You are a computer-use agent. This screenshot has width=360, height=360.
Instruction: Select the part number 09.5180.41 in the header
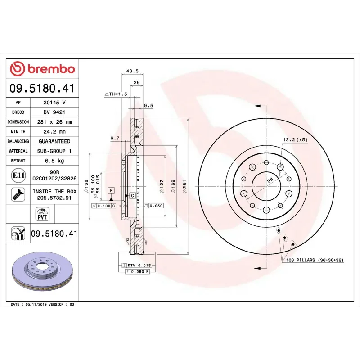[42, 89]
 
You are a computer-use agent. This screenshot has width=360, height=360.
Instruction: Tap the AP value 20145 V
[54, 103]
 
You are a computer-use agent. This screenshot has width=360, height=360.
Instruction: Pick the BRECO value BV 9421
[54, 112]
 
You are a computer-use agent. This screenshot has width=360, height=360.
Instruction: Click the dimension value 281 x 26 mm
[54, 122]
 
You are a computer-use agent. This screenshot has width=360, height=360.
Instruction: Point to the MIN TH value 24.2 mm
[54, 132]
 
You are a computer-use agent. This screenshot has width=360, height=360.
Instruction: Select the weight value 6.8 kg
[54, 161]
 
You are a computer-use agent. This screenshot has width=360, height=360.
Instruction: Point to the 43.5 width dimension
[132, 71]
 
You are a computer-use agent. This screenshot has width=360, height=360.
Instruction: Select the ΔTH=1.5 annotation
[116, 94]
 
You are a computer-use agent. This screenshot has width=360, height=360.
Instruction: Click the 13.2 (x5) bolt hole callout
[295, 140]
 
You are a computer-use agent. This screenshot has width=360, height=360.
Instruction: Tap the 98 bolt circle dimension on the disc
[270, 180]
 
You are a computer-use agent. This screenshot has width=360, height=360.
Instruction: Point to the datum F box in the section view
[111, 191]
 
